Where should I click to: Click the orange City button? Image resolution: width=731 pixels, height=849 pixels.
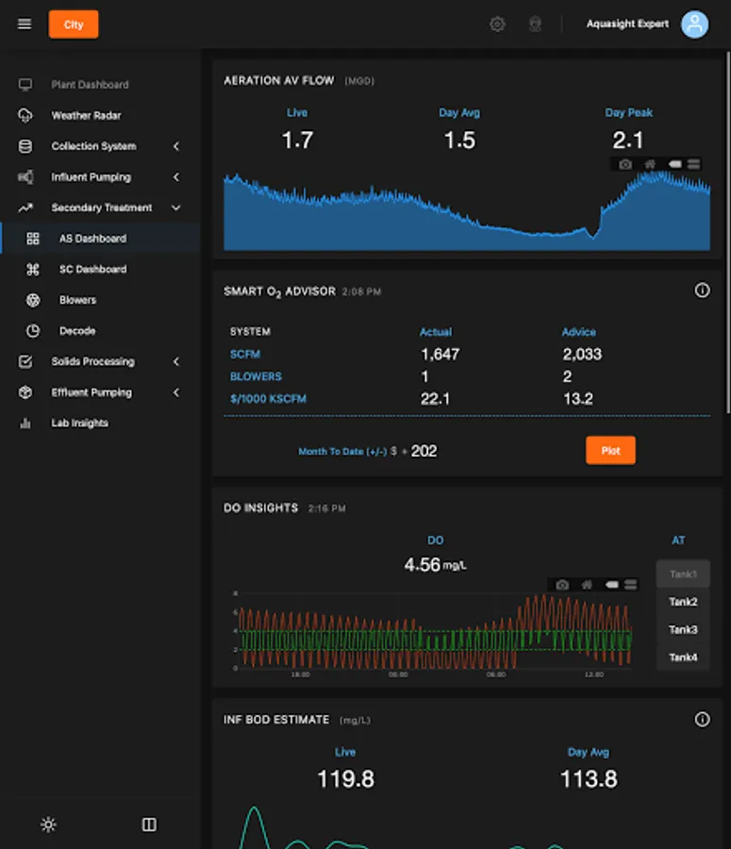pos(74,25)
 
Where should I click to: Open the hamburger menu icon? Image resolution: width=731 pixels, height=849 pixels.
pos(25,25)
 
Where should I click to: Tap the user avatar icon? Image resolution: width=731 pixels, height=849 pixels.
pos(695,25)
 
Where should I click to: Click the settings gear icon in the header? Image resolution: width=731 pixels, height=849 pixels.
pos(497,25)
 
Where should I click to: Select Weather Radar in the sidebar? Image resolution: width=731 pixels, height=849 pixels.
pos(86,115)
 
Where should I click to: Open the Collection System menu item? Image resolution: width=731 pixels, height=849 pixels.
pos(93,146)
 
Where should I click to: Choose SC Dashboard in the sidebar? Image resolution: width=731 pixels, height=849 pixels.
pos(92,269)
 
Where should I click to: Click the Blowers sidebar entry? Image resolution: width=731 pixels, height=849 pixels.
pos(77,300)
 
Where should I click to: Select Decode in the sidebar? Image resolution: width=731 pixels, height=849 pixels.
pos(77,331)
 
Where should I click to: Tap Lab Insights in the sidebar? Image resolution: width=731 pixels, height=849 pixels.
pos(79,423)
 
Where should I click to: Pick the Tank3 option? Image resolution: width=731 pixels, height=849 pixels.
pos(683,629)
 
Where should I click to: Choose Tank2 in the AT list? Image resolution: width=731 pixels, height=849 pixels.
pos(683,602)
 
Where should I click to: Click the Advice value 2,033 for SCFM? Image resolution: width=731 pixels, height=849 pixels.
pos(582,355)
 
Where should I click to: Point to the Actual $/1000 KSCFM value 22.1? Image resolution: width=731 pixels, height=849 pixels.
pos(435,399)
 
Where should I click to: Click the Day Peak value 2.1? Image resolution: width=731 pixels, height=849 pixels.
pos(628,141)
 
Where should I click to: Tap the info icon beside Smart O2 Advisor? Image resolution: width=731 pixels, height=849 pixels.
pos(702,291)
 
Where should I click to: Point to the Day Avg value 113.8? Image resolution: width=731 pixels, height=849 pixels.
pos(589,779)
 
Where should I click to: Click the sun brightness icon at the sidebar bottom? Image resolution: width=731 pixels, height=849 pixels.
pos(48,824)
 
